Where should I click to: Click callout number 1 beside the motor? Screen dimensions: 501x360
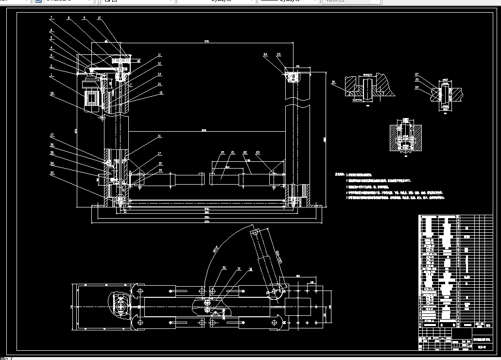51,75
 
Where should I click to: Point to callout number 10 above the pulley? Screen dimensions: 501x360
99,18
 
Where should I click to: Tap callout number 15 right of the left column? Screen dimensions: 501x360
161,93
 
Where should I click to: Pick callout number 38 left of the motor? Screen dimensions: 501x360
52,93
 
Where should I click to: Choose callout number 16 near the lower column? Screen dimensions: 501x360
159,137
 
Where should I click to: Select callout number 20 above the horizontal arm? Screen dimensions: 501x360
223,153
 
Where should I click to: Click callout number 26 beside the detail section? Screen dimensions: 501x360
334,83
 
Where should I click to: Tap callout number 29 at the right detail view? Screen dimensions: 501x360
416,87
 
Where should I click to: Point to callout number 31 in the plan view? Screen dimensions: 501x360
239,268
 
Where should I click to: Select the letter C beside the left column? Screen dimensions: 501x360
130,85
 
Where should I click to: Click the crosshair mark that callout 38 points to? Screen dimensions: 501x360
102,118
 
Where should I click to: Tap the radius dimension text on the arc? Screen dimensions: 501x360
214,251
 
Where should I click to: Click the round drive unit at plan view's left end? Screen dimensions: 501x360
120,306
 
